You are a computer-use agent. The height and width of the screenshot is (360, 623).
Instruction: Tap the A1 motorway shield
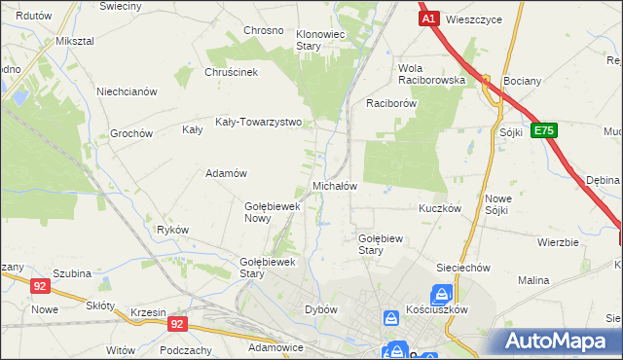(428, 18)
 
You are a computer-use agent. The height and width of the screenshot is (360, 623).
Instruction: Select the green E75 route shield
(544, 130)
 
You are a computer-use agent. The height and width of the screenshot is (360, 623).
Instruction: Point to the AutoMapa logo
(560, 342)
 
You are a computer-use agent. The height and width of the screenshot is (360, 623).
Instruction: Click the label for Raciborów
(391, 102)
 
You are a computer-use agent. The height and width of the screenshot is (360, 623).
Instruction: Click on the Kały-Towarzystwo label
(259, 123)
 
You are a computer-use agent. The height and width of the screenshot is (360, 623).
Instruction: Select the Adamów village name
(224, 173)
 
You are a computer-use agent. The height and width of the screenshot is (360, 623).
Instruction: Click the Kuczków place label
(438, 209)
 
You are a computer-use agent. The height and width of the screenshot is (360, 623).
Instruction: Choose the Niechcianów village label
(127, 91)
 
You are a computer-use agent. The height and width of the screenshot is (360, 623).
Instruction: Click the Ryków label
(172, 230)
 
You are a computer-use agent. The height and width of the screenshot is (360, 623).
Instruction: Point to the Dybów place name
(321, 309)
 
